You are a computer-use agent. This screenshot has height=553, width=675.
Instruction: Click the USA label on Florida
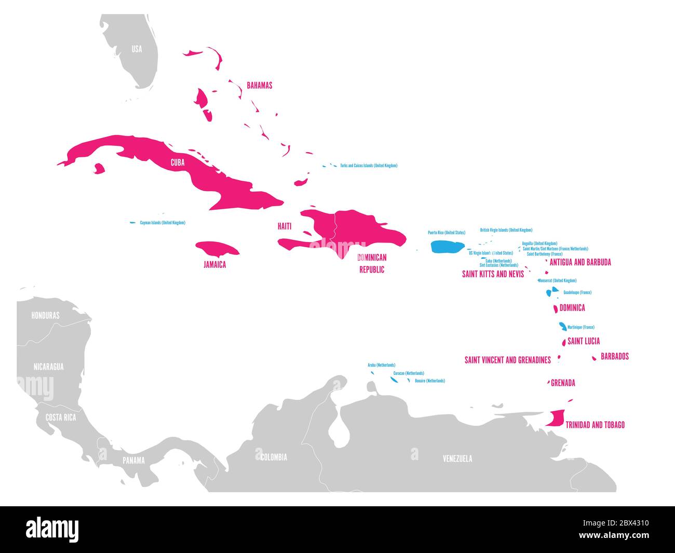point(137,49)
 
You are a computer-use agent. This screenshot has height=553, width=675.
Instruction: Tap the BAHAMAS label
point(259,85)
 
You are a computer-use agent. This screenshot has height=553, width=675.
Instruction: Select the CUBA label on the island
point(178,163)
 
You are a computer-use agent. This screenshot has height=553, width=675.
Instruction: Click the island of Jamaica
point(217,248)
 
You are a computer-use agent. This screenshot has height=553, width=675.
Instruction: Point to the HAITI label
point(285,226)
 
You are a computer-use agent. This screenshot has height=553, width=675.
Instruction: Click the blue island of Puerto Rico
point(447,247)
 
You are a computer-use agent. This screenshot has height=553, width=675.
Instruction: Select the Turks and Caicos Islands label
point(369,166)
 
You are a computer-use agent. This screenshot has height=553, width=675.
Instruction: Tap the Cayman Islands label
point(163,223)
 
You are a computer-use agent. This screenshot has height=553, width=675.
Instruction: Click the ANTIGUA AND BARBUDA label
point(580,262)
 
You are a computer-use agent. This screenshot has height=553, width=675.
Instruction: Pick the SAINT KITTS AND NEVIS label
point(493,274)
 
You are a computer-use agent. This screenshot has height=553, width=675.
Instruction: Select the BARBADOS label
point(614,356)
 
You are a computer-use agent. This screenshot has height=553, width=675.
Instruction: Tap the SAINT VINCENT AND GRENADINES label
point(507,360)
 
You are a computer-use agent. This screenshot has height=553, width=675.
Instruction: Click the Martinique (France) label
point(580,327)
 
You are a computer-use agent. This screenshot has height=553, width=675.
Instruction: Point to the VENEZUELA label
point(457,458)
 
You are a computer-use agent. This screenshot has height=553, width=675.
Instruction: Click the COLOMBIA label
point(273,457)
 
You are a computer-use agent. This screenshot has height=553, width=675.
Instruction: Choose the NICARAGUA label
point(48,367)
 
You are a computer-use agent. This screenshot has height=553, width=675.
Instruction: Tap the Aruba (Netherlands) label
point(381,365)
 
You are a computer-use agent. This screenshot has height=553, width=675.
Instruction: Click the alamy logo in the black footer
point(52,530)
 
